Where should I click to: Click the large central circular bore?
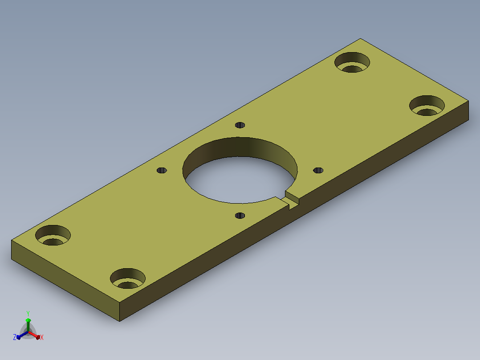pos(240,170)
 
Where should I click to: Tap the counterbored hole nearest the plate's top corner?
pos(352,62)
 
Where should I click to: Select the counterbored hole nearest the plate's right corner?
pos(427,106)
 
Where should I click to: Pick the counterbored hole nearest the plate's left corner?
pos(53,235)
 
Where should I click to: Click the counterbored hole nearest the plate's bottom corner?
pos(128,278)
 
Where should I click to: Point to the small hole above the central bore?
pos(240,125)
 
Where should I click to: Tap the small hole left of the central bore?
pos(162,170)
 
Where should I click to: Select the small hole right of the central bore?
pos(318,170)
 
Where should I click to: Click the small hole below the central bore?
pos(240,216)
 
